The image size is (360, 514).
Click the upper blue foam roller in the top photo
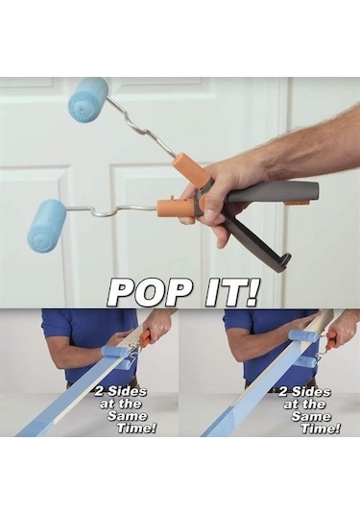[88, 100]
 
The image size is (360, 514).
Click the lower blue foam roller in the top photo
[47, 226]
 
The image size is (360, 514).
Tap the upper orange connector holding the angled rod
[190, 172]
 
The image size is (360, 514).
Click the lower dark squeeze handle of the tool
[258, 245]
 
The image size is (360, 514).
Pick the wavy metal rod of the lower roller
[111, 211]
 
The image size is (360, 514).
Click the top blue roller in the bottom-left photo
[114, 351]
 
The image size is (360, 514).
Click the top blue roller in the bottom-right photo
[300, 335]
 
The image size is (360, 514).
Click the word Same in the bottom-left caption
[128, 416]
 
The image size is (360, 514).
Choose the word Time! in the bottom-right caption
[321, 428]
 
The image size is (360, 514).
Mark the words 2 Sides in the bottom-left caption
[121, 391]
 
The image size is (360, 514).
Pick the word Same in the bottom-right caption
[311, 416]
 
